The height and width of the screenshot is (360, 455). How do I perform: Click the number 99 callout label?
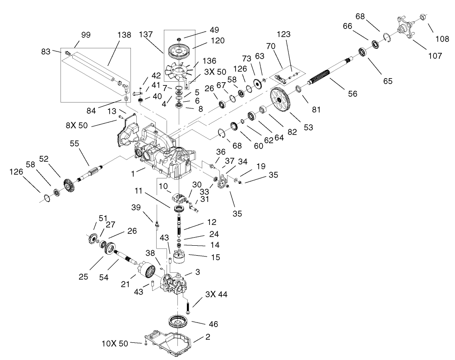coord(86,35)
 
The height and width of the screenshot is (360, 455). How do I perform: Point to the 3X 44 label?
coord(217,294)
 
